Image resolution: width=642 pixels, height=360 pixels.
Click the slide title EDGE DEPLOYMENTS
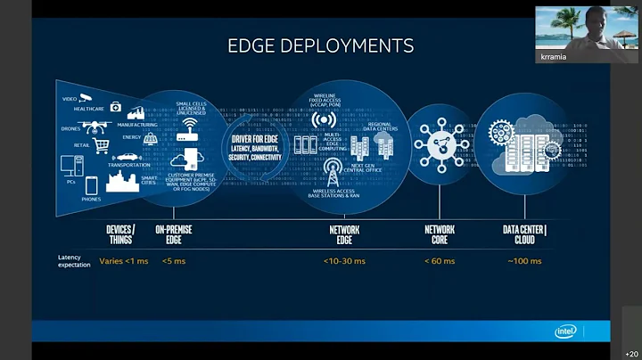coord(321,45)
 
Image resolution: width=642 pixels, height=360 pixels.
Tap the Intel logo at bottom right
coord(566,331)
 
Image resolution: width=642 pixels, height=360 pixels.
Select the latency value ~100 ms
coord(524,261)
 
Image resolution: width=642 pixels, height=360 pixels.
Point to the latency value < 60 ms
coord(440,261)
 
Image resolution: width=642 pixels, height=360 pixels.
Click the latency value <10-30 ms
coord(344,261)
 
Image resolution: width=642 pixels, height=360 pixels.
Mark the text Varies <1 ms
coord(124,261)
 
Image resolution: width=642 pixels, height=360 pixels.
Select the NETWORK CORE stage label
coord(440,234)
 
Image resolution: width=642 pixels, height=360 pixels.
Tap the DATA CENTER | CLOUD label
coord(524,234)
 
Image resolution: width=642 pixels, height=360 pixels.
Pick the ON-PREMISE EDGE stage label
coord(174,234)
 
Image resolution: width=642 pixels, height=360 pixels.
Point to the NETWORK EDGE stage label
coord(344,234)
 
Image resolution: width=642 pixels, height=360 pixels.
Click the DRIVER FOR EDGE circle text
coord(256,146)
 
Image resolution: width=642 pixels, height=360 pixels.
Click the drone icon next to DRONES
coord(93,127)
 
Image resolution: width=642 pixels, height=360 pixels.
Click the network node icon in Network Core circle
coord(440,144)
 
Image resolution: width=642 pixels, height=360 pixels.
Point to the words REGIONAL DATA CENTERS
coord(379,127)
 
